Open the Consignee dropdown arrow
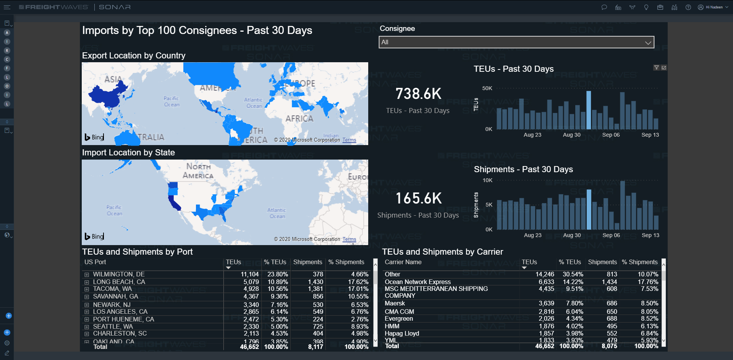[x=648, y=42]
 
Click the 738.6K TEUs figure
[x=418, y=94]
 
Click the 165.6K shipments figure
[x=418, y=199]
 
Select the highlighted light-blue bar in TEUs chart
[x=589, y=110]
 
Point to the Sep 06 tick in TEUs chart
[x=611, y=135]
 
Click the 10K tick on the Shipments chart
[x=487, y=180]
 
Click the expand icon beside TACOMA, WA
[x=87, y=289]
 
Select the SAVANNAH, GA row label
[x=115, y=296]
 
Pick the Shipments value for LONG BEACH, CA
[x=316, y=282]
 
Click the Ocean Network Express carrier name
[x=417, y=282]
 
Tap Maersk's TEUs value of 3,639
[x=546, y=303]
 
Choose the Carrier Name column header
[x=403, y=262]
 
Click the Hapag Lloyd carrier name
[x=402, y=333]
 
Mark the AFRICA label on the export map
[x=299, y=119]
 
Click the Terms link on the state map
[x=349, y=239]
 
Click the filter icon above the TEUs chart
[x=656, y=68]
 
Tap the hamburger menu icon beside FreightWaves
[x=7, y=7]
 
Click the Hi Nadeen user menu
[x=713, y=7]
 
